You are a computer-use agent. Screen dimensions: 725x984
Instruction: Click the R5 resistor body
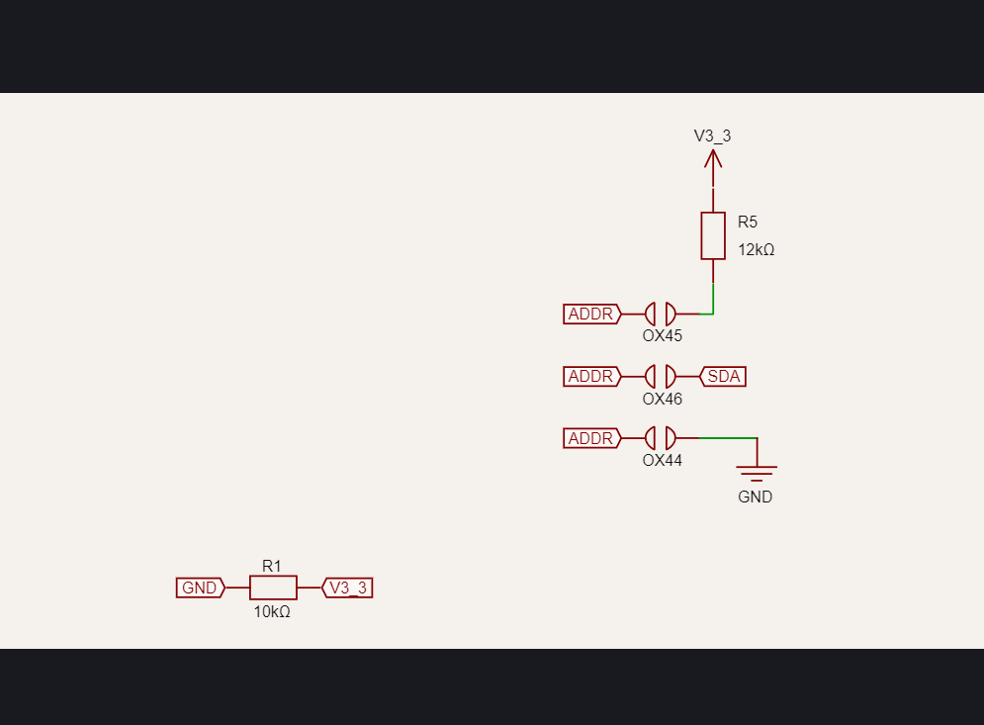(x=713, y=235)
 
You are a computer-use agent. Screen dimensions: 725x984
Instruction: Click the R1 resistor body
(x=273, y=588)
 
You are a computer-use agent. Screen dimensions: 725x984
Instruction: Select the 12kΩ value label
(x=757, y=250)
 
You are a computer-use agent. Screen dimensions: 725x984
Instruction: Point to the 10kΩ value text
(x=272, y=612)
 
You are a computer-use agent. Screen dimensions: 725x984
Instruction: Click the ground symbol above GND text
(x=757, y=471)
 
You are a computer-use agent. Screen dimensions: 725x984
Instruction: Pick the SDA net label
(x=723, y=376)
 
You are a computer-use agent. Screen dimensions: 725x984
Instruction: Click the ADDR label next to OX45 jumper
(x=591, y=315)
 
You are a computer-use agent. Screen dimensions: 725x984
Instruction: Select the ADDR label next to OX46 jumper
(x=591, y=376)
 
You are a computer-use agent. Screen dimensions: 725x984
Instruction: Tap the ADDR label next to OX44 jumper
(x=591, y=438)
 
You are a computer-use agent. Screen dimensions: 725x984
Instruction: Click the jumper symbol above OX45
(x=661, y=315)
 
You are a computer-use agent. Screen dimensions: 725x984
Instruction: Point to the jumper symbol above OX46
(x=661, y=376)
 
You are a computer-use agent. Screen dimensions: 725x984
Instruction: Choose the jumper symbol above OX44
(x=661, y=438)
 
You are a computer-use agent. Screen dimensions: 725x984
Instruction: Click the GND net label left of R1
(x=200, y=588)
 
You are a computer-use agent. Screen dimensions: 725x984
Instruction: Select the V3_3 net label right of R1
(x=348, y=588)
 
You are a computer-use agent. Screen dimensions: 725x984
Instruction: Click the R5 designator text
(x=748, y=222)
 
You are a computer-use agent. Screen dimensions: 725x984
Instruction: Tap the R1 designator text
(x=272, y=566)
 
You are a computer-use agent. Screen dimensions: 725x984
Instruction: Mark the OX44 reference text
(x=663, y=461)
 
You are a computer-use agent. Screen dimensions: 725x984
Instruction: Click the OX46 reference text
(x=663, y=400)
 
